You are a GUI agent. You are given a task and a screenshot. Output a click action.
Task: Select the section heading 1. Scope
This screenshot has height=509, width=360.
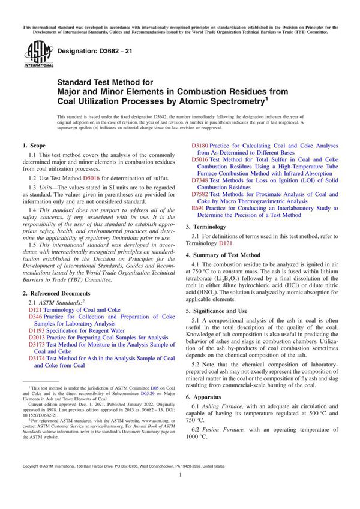pos(34,146)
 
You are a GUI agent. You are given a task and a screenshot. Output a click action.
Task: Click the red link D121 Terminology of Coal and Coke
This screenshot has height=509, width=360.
pos(67,309)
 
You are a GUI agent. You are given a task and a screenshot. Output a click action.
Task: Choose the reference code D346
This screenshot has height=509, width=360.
pos(36,317)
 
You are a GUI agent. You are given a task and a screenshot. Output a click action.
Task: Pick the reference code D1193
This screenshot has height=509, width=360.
pos(38,330)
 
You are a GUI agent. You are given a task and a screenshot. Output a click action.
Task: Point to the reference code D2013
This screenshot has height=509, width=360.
pos(38,338)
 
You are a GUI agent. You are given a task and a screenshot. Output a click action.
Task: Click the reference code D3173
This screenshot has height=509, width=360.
pos(38,345)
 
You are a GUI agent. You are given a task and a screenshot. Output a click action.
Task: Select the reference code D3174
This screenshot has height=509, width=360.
pos(38,359)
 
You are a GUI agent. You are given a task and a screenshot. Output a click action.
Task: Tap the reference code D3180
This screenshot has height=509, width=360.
pos(200,146)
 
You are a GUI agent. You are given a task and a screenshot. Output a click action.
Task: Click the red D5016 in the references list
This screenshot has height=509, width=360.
pos(200,160)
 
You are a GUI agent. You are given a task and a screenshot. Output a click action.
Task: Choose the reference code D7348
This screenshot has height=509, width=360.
pos(200,180)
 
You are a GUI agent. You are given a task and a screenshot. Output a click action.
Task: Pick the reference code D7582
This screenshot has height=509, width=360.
pos(200,195)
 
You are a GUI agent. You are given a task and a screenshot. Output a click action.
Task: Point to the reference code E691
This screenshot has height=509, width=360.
pos(199,209)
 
